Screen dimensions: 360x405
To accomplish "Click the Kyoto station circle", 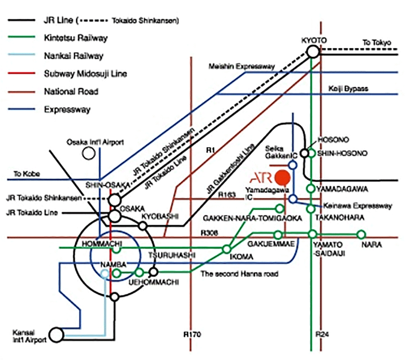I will click(x=313, y=52).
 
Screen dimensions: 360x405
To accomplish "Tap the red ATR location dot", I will click(x=283, y=177).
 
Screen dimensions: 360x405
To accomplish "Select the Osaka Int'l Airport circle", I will click(x=89, y=153).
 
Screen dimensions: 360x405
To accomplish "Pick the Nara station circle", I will click(x=361, y=234).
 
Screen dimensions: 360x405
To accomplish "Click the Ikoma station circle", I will click(x=226, y=248).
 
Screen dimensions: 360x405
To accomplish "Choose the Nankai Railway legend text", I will click(x=73, y=56).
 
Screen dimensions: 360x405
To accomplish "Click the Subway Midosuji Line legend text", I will click(x=85, y=74).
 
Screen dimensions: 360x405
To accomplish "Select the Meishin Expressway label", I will click(x=241, y=67).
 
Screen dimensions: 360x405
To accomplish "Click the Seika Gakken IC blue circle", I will click(x=293, y=164).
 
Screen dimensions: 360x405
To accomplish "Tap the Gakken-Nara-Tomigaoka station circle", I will click(x=279, y=209).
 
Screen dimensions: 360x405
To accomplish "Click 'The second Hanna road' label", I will click(x=239, y=274).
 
